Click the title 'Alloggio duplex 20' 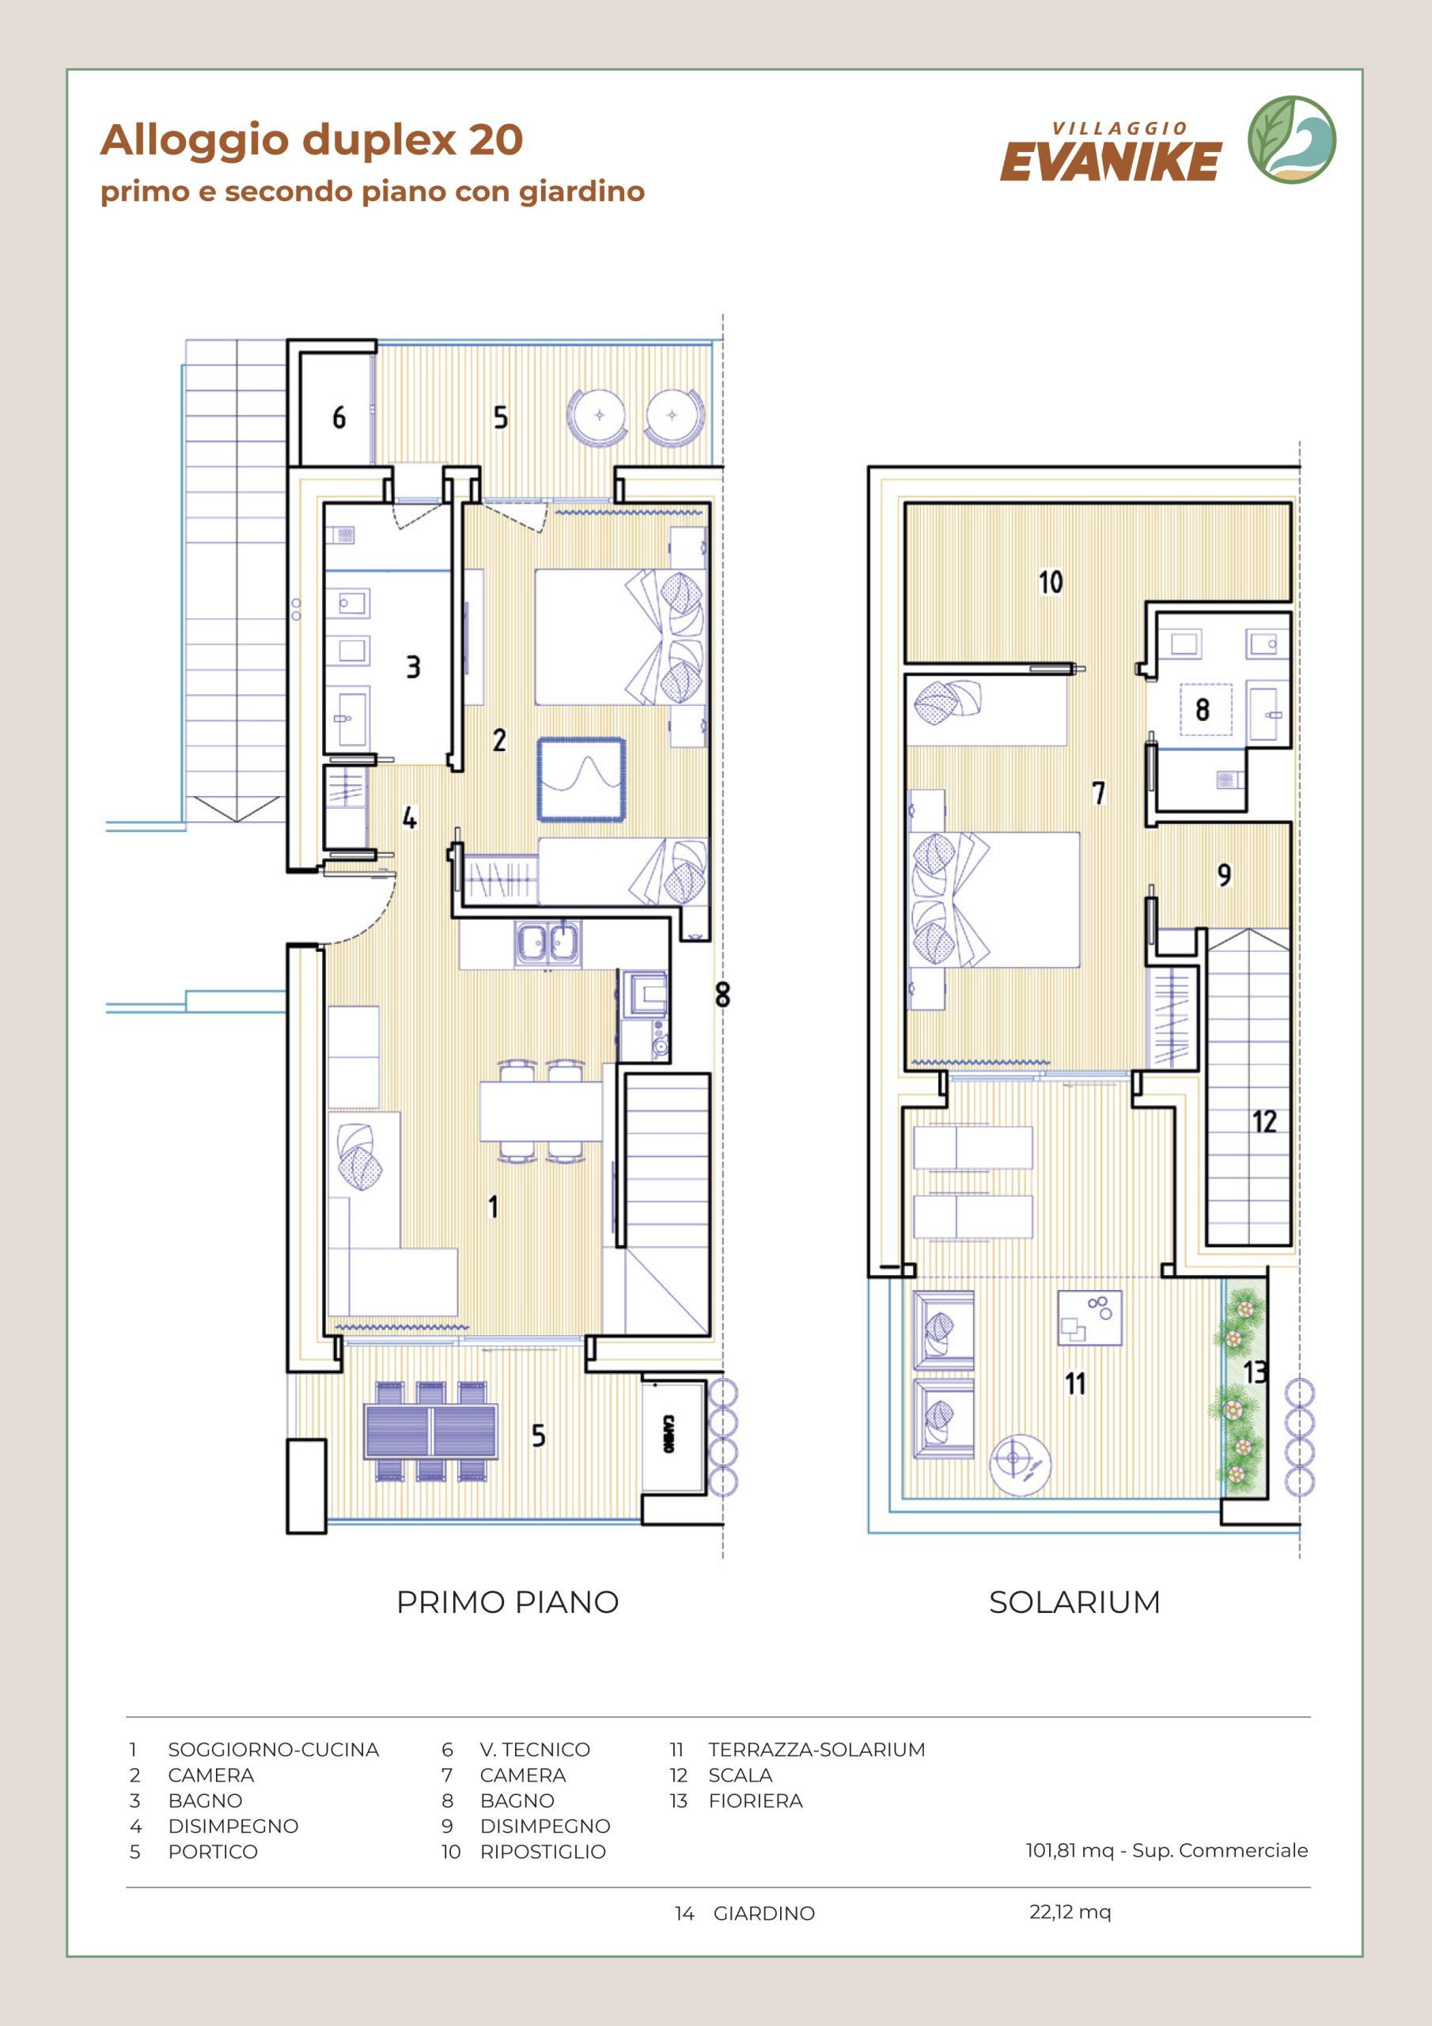coord(312,140)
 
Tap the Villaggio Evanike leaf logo coord(1291,140)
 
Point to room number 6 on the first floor coord(339,417)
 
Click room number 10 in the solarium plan coord(1050,582)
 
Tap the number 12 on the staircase coord(1264,1121)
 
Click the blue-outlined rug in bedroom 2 coord(582,780)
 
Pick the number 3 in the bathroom coord(413,667)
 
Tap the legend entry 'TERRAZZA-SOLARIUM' coord(816,1750)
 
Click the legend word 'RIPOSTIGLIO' coord(543,1852)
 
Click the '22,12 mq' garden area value coord(1070,1912)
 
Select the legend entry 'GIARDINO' coord(764,1914)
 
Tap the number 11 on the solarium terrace coord(1074,1383)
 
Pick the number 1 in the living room coord(493,1206)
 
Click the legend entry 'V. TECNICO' coord(535,1750)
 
